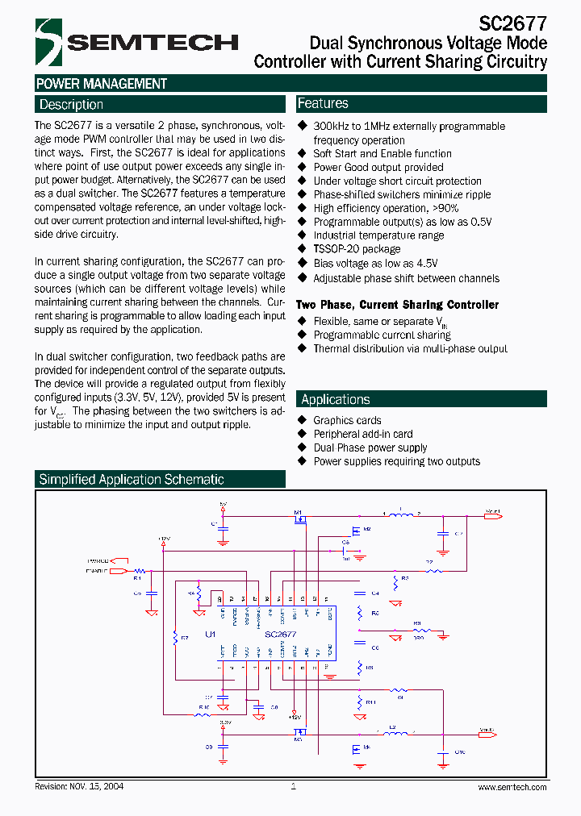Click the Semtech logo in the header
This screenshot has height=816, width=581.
[136, 42]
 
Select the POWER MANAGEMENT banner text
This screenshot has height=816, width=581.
[102, 84]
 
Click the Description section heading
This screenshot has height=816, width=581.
[71, 104]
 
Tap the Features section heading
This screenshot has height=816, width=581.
[323, 103]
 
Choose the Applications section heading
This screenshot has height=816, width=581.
[335, 399]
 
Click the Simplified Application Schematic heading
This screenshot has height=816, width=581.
[132, 479]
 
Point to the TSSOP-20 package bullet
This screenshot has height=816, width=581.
[357, 249]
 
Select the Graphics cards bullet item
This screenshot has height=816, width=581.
[347, 420]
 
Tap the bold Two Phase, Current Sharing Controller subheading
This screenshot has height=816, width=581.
[397, 305]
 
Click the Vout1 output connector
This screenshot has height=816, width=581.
[491, 513]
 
